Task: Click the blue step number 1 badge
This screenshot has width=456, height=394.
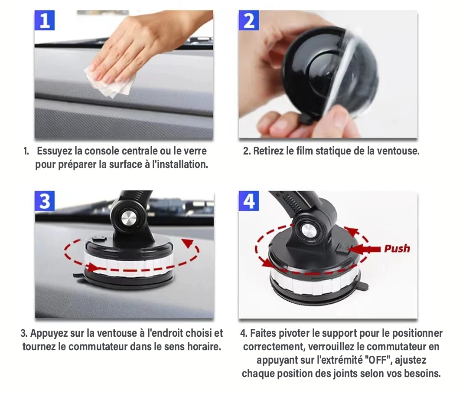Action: coord(44,20)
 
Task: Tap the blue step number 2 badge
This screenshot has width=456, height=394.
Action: coord(249,20)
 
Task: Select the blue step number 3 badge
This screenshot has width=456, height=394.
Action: coord(45,201)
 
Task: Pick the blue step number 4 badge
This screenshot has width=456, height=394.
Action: coord(249,201)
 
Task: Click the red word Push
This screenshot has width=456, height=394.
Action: coord(397,248)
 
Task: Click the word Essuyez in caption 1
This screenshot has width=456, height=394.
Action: coord(54,151)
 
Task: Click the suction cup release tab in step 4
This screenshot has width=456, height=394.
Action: coord(365,286)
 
